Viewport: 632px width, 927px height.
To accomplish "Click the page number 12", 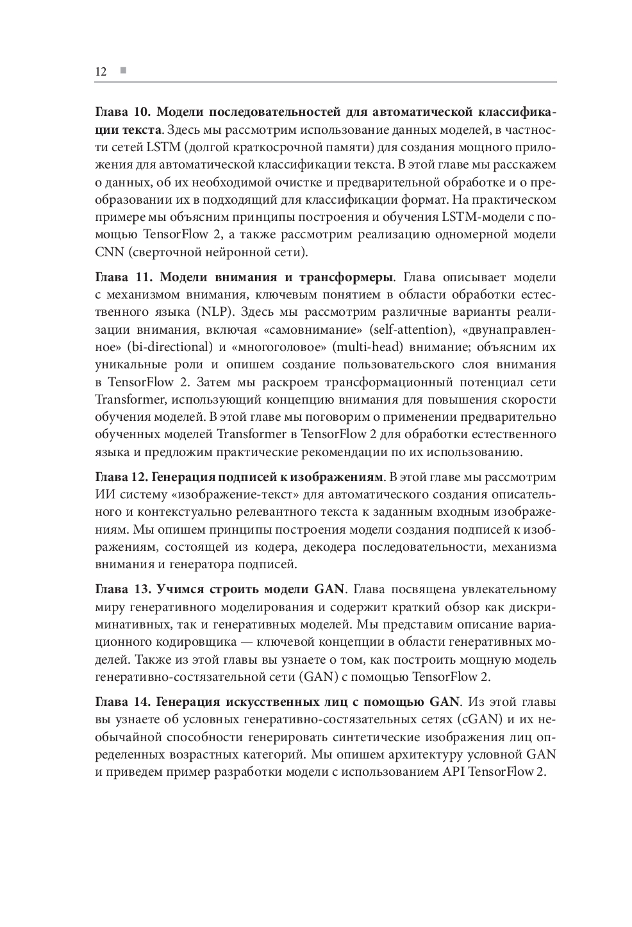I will tap(101, 71).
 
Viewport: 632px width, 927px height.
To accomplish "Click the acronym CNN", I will tap(109, 252).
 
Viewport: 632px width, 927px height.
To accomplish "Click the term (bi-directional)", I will tap(170, 347).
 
